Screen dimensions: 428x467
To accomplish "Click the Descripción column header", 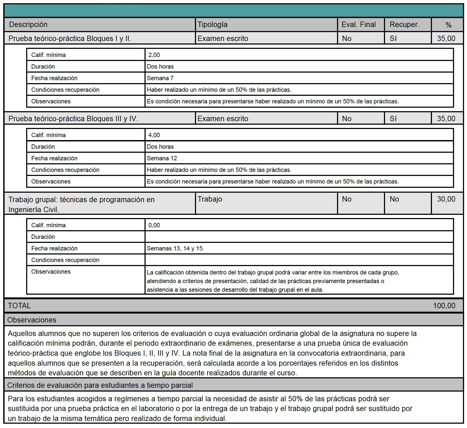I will pyautogui.click(x=28, y=25).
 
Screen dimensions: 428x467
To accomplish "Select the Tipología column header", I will pyautogui.click(x=212, y=25).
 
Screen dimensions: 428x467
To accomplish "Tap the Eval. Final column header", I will pyautogui.click(x=358, y=25).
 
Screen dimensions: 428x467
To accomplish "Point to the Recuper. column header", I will pyautogui.click(x=404, y=25).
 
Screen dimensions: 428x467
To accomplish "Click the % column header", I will pyautogui.click(x=448, y=25).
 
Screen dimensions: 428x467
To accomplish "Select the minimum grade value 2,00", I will pyautogui.click(x=154, y=55).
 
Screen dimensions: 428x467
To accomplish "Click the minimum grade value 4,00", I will pyautogui.click(x=154, y=135).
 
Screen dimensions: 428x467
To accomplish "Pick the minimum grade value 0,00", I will pyautogui.click(x=154, y=225).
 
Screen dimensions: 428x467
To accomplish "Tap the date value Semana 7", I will pyautogui.click(x=160, y=78).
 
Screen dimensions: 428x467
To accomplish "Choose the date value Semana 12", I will pyautogui.click(x=162, y=158).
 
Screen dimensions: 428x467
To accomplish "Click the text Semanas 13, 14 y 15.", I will pyautogui.click(x=175, y=249).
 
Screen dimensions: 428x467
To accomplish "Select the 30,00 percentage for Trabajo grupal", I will pyautogui.click(x=446, y=199).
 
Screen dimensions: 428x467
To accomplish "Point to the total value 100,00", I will pyautogui.click(x=444, y=306).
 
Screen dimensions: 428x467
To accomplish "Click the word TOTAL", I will pyautogui.click(x=19, y=306).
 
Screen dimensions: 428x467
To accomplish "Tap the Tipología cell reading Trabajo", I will pyautogui.click(x=210, y=199).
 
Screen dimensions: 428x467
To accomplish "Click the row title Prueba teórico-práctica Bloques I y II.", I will pyautogui.click(x=70, y=39).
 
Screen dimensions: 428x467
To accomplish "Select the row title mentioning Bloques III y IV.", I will pyautogui.click(x=73, y=119).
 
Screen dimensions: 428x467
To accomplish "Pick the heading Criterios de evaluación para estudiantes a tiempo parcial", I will pyautogui.click(x=100, y=385).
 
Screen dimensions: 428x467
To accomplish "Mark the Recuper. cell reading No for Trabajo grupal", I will pyautogui.click(x=394, y=199).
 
